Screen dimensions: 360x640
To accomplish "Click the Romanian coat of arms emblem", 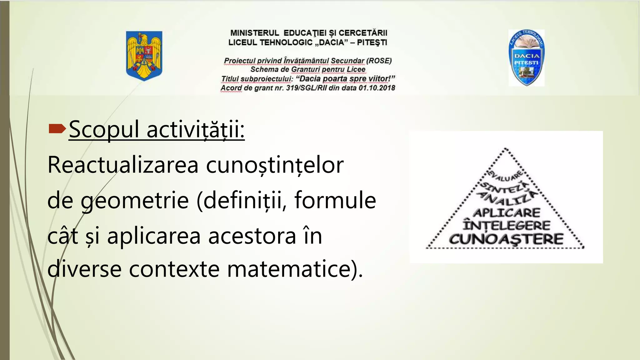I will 144,56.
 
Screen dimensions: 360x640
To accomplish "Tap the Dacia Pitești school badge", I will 527,58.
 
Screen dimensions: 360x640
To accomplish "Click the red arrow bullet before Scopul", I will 57,128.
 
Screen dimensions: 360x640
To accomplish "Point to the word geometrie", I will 134,201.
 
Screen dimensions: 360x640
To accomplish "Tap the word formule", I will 335,200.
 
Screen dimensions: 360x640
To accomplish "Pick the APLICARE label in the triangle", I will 507,213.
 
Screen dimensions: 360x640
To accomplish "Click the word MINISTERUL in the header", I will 255,33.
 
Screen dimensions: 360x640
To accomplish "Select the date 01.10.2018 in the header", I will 377,88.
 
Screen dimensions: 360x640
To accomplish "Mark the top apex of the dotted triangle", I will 506,149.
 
